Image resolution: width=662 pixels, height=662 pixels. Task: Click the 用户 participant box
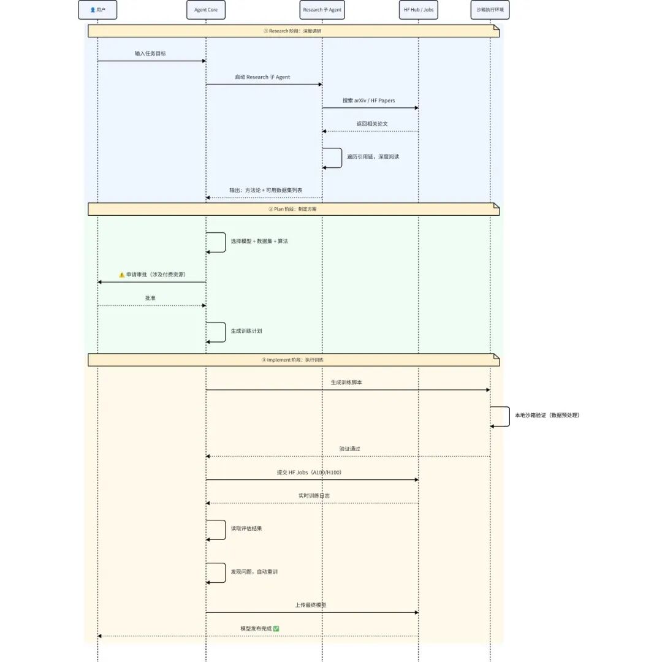click(x=97, y=10)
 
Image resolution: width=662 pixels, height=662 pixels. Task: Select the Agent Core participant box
click(x=206, y=10)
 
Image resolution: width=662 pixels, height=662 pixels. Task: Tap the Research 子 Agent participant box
click(x=322, y=10)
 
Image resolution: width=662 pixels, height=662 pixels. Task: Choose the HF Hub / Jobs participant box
click(x=419, y=10)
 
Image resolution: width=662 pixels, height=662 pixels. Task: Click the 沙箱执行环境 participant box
click(x=490, y=10)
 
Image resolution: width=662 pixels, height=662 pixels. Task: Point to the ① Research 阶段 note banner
click(x=294, y=31)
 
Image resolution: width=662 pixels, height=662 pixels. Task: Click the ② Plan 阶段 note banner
click(x=294, y=209)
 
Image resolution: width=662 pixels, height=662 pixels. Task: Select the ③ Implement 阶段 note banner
click(x=294, y=360)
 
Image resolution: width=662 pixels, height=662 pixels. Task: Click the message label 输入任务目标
click(x=150, y=53)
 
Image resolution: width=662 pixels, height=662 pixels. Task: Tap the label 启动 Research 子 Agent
click(x=262, y=77)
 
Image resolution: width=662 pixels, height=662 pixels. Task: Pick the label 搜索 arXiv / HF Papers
click(x=368, y=101)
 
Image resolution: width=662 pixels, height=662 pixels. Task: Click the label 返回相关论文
click(x=372, y=124)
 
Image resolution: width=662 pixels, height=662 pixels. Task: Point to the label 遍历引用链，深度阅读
click(x=373, y=157)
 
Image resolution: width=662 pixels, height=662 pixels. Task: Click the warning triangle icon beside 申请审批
click(x=121, y=275)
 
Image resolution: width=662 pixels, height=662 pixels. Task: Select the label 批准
click(x=150, y=298)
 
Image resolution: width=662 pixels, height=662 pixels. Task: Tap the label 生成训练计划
click(x=246, y=331)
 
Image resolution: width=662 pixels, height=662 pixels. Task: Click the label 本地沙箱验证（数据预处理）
click(x=547, y=415)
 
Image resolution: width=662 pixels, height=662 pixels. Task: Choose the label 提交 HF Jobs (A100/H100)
click(x=309, y=473)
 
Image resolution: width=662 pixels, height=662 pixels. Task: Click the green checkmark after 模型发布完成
click(x=276, y=629)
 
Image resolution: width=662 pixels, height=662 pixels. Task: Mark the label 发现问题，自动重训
click(x=254, y=572)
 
